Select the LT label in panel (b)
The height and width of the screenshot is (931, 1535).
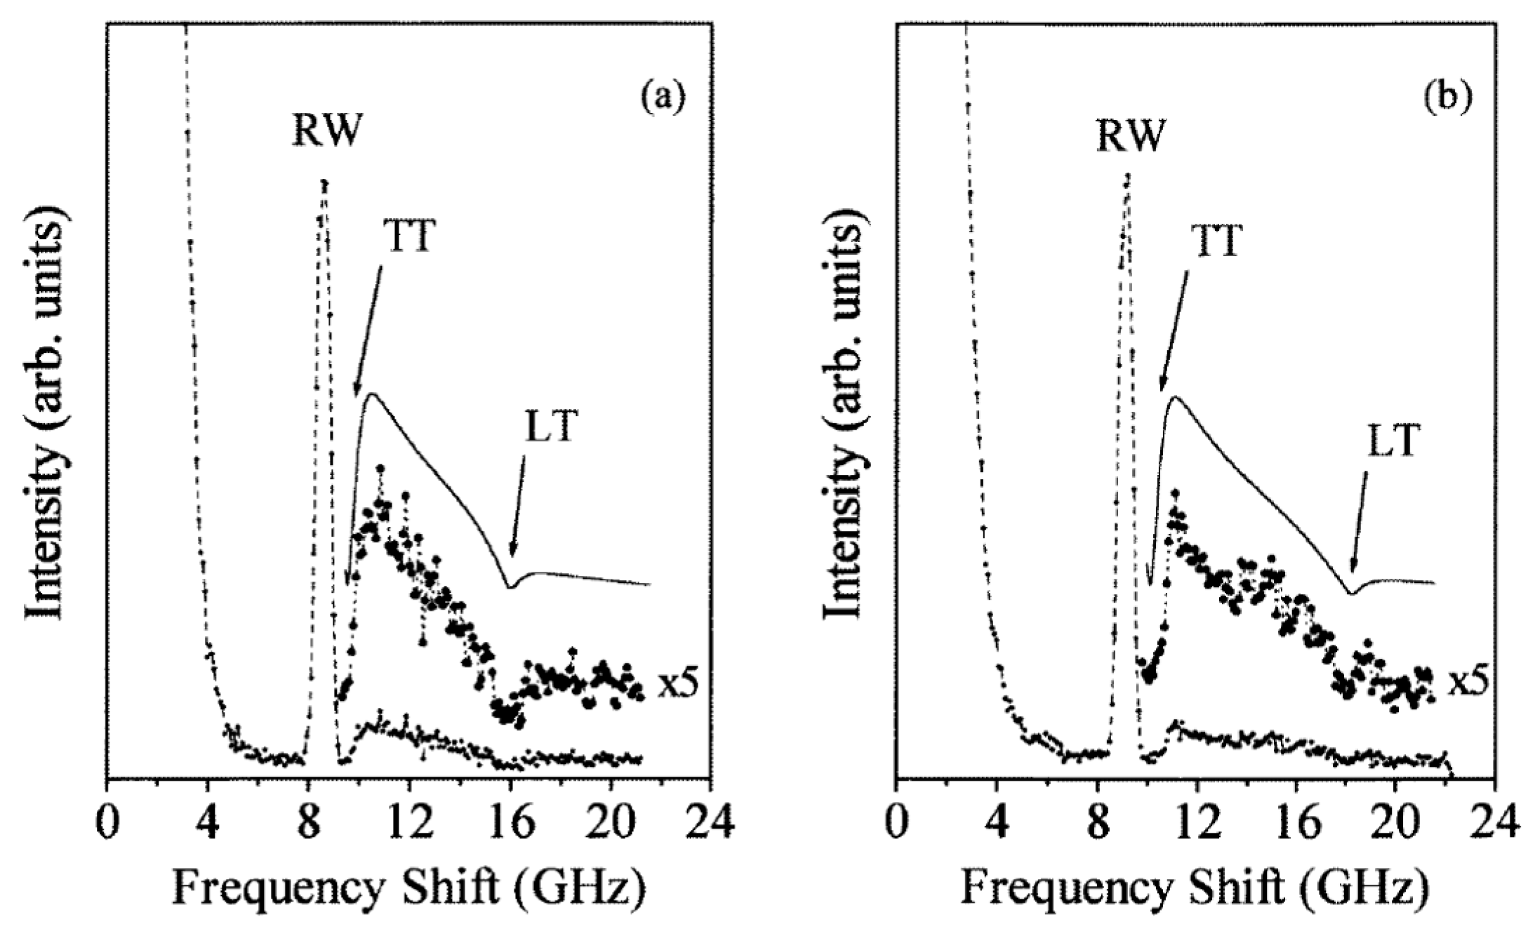click(x=1393, y=441)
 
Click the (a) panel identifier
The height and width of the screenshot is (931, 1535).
click(x=661, y=97)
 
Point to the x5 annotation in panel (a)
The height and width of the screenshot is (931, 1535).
click(x=678, y=685)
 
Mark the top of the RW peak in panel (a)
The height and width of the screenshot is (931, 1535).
click(x=324, y=182)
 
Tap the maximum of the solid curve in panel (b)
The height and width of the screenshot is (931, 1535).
click(x=1174, y=397)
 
